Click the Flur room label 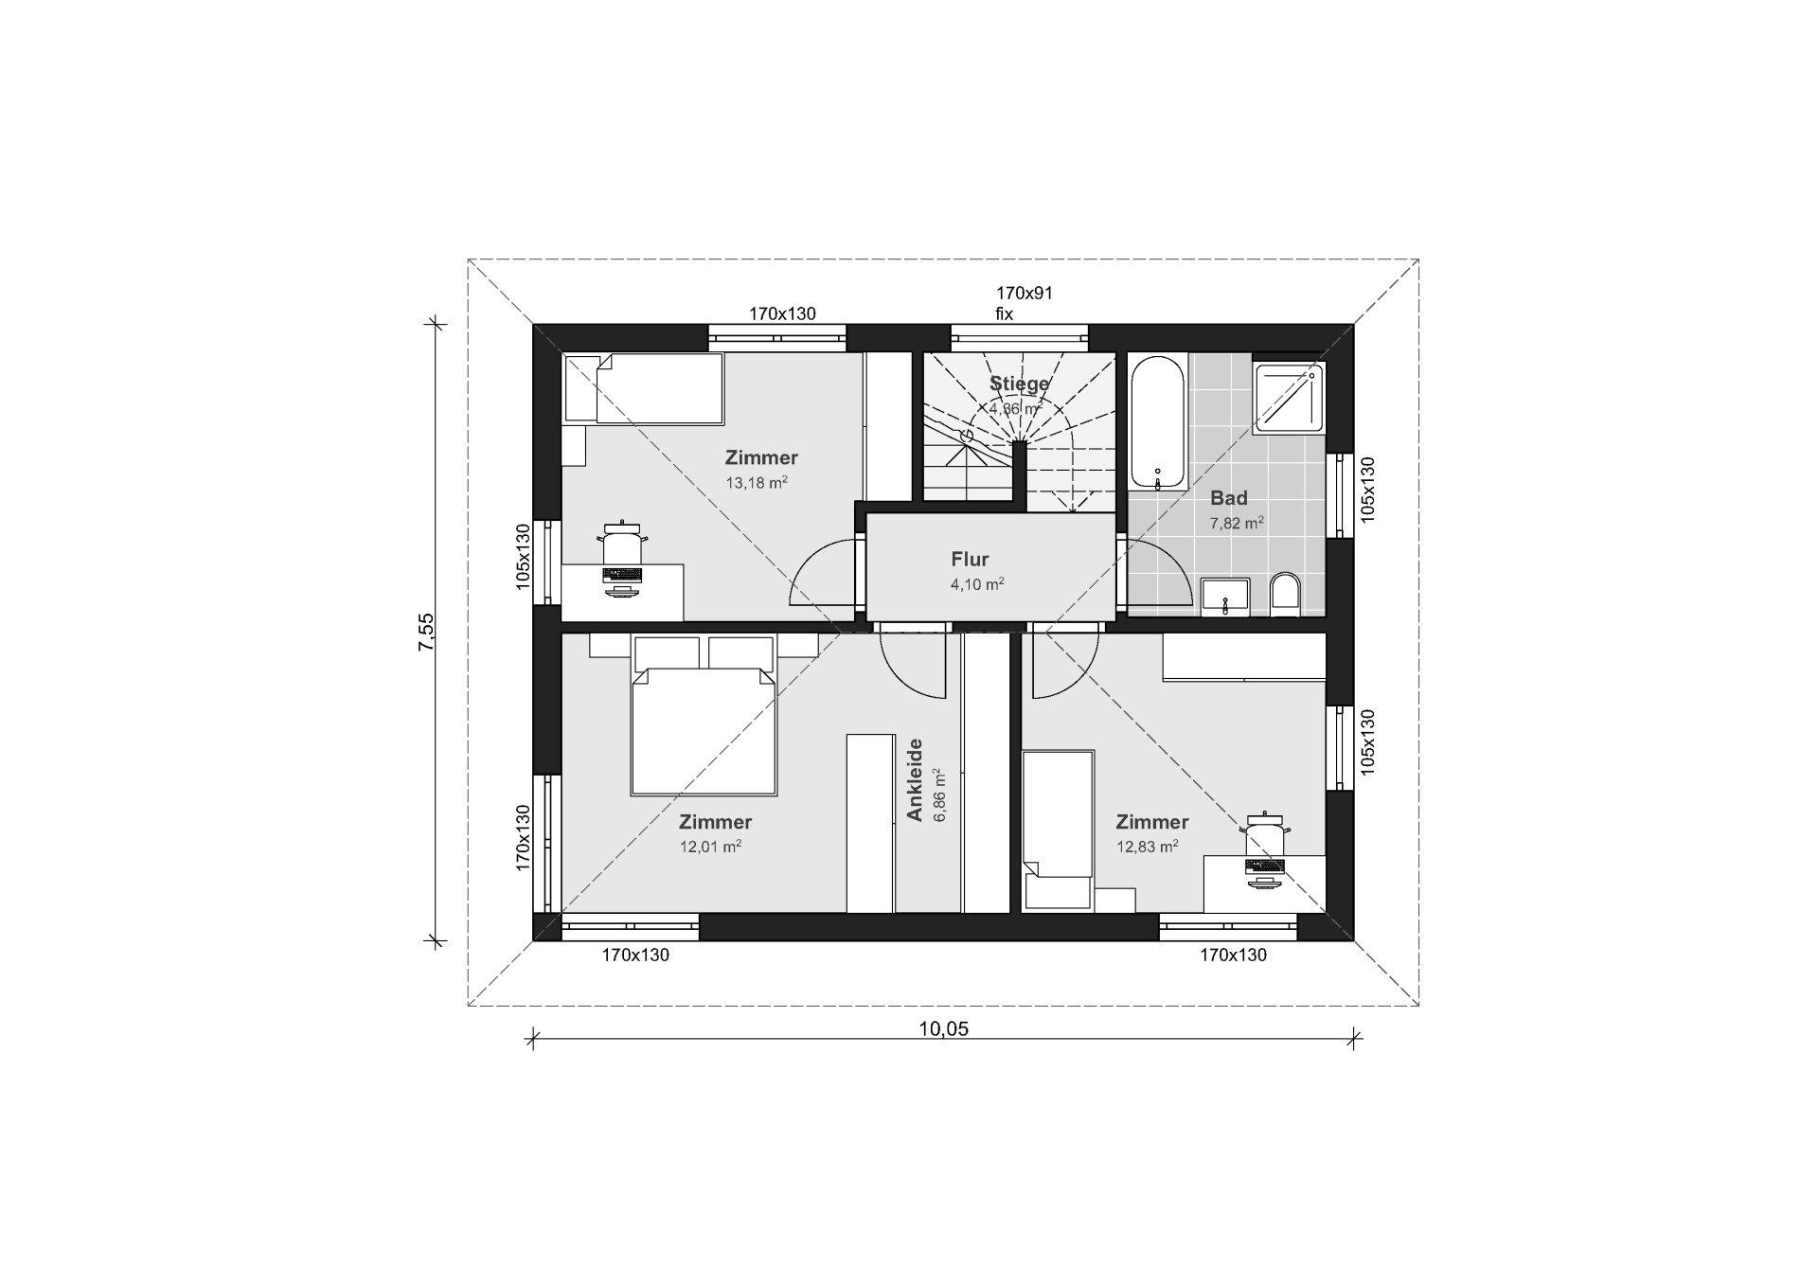point(970,560)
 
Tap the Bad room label point(1229,498)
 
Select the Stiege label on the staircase point(1020,384)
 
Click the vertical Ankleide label point(915,779)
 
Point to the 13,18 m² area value point(757,482)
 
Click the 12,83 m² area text point(1148,847)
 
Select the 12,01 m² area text point(710,847)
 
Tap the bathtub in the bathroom point(1157,422)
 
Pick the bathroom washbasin point(1225,597)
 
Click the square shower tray point(1289,398)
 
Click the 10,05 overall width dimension point(944,1028)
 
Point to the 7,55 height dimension point(427,631)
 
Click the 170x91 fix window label point(1024,303)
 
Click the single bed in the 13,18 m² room point(643,388)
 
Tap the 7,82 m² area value point(1237,523)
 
